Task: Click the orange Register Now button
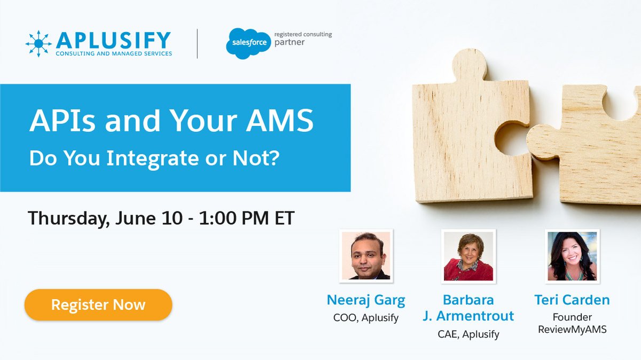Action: (98, 305)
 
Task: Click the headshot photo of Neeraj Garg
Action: (366, 256)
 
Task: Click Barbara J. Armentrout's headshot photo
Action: (468, 256)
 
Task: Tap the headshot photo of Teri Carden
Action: (572, 256)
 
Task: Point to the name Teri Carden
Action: (572, 300)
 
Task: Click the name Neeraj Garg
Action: (366, 300)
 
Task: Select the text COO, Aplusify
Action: (366, 318)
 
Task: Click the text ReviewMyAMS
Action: (572, 330)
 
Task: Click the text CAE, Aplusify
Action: (468, 334)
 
